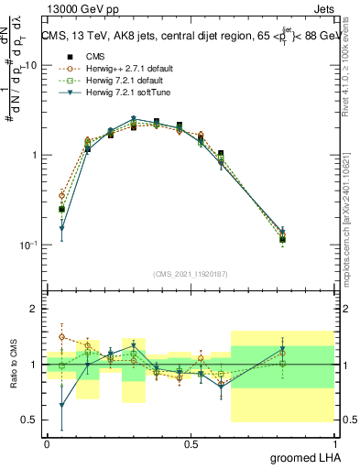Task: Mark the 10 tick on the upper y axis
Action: click(29, 66)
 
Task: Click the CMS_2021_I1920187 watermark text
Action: click(191, 274)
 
